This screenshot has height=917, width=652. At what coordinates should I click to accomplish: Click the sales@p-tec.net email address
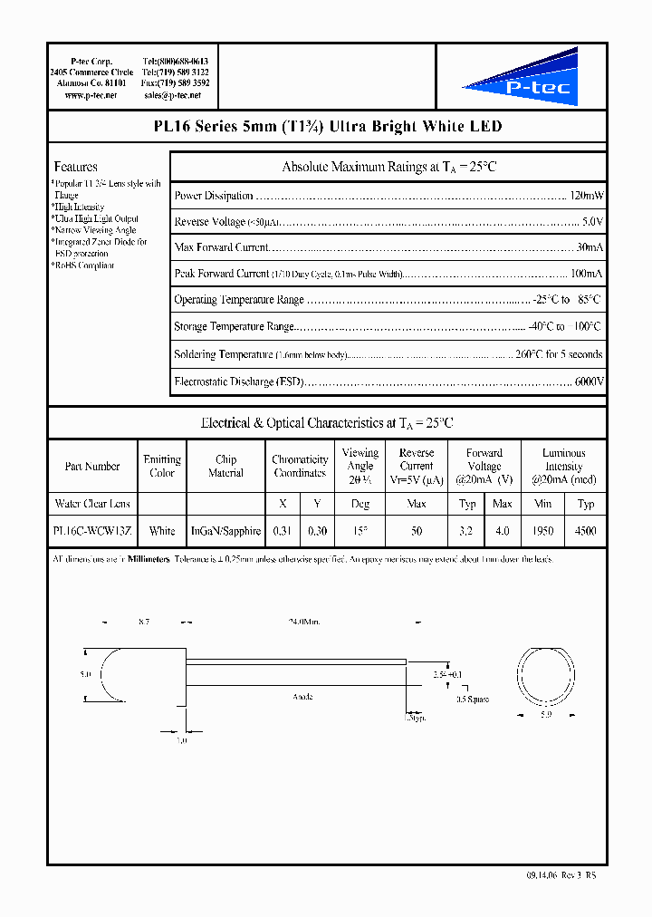tap(176, 94)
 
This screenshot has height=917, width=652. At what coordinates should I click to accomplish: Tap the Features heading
tap(76, 167)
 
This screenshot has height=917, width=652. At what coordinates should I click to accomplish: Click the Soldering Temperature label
tap(223, 355)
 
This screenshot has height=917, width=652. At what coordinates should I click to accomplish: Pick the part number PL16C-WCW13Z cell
tap(92, 531)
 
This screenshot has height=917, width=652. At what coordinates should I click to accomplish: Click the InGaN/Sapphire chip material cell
tap(225, 531)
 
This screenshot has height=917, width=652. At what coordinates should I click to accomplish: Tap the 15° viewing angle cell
tap(360, 531)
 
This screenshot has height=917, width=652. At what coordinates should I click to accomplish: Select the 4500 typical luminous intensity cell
tap(586, 531)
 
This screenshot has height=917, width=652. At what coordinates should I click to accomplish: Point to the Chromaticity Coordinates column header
tap(300, 466)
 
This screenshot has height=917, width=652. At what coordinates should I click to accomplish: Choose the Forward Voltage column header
tap(484, 466)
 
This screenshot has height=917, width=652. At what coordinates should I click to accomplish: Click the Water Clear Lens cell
tap(92, 504)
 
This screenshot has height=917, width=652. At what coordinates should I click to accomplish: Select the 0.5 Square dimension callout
tap(473, 699)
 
